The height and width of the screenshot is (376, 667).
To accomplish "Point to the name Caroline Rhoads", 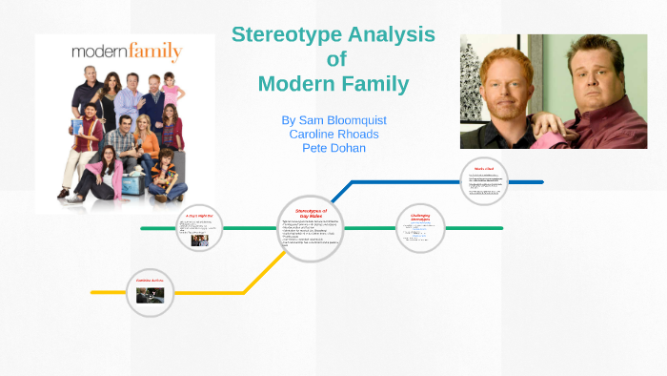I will click(x=333, y=135).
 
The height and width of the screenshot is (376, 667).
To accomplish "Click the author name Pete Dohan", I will click(x=333, y=148).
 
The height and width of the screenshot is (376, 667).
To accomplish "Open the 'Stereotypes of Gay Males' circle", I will click(x=311, y=228).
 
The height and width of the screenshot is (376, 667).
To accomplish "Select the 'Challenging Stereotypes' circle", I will click(x=421, y=228).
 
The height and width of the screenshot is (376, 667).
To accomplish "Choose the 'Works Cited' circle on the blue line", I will click(x=484, y=181).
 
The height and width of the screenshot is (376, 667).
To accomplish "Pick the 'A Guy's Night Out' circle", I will click(x=199, y=228).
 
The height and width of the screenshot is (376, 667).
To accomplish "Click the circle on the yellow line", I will click(x=150, y=291).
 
